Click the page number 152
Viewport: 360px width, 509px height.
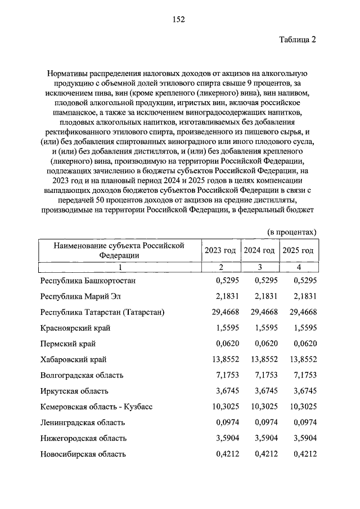[179, 19]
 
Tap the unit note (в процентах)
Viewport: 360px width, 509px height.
[291, 232]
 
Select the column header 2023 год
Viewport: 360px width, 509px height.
[220, 250]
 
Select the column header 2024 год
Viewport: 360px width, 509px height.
[259, 250]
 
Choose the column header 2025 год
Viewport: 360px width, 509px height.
[298, 250]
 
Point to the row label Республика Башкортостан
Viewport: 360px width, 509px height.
[88, 280]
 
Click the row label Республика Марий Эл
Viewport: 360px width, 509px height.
[81, 296]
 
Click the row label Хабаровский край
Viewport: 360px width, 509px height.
[74, 359]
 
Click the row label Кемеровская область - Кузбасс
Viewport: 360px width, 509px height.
[97, 406]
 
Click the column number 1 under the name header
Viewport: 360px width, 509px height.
[119, 267]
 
